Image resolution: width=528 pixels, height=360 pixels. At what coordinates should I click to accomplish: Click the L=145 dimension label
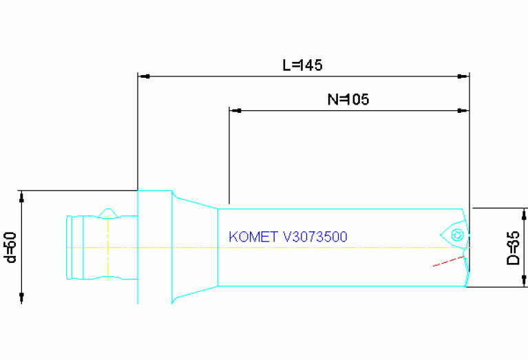(303, 65)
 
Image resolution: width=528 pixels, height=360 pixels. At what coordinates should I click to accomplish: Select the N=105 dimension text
(348, 99)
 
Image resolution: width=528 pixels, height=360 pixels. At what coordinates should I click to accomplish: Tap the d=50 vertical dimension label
(10, 246)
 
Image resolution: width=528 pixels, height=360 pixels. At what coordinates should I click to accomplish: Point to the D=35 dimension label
(513, 248)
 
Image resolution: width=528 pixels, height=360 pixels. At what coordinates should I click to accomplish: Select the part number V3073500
(315, 237)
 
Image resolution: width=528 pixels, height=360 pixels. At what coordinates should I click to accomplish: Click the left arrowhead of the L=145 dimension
(143, 76)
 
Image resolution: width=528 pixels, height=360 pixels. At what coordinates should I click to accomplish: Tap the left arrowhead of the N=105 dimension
(234, 109)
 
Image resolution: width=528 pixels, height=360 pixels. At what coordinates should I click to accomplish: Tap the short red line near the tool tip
(446, 262)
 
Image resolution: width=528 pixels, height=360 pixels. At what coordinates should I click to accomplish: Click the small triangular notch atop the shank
(108, 211)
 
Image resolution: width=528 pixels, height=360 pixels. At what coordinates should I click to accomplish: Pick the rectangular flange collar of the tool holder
(155, 246)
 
